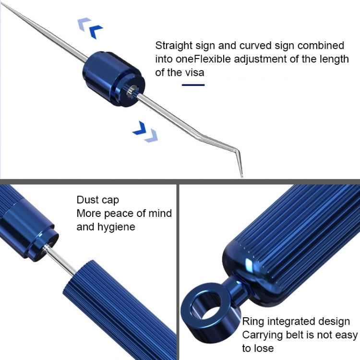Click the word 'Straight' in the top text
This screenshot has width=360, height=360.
tap(174, 46)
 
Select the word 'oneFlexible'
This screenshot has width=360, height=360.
tap(203, 59)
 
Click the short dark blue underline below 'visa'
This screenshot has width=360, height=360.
tap(193, 85)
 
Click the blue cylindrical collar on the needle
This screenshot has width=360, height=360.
tap(114, 79)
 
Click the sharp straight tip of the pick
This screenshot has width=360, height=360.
tap(2, 4)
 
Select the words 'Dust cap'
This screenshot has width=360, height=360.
tap(98, 200)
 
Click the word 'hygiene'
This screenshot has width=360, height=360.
tap(116, 227)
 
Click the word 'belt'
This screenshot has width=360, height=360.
tap(295, 335)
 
